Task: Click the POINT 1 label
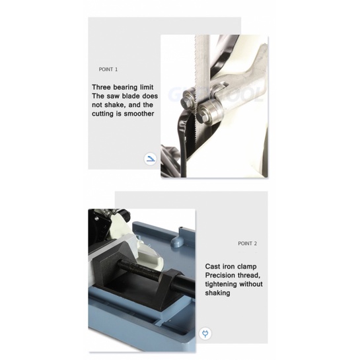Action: tap(108, 69)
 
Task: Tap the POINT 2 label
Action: tap(247, 243)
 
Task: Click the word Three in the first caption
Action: tap(101, 87)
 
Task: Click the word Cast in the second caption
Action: tap(213, 267)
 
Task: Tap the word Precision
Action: tap(220, 275)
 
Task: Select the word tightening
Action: tap(221, 285)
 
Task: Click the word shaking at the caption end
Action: tap(217, 293)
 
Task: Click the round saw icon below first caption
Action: tap(151, 159)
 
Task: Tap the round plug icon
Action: tap(205, 334)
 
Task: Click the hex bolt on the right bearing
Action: tap(204, 112)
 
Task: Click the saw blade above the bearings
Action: tap(202, 62)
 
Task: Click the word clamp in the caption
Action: tap(247, 267)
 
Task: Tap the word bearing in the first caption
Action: tap(125, 87)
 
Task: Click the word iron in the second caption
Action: tap(229, 267)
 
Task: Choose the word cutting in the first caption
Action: tap(103, 114)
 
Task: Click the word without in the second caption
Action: tap(251, 284)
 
